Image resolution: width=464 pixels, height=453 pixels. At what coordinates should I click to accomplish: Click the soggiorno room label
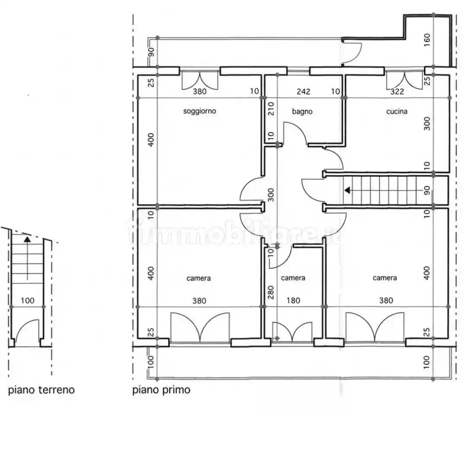199,111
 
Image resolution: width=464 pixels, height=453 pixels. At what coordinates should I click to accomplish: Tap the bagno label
302,111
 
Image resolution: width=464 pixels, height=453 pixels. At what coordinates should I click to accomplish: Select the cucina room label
397,111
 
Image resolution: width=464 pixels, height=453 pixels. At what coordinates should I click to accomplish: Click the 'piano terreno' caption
41,390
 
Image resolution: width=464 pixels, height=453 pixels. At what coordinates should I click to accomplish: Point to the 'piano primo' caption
161,390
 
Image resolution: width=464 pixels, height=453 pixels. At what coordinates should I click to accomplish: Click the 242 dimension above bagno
303,91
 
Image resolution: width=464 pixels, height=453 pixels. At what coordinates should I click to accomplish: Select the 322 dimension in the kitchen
397,91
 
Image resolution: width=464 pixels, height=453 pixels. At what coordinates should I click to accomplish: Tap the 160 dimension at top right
427,40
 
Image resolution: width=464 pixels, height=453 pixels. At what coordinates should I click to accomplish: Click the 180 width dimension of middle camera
293,301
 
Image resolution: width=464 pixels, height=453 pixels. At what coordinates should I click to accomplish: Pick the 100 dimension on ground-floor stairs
28,301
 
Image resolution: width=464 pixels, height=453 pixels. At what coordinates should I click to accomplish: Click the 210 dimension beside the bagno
271,109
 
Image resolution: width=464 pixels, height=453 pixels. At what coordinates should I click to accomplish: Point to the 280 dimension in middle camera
271,293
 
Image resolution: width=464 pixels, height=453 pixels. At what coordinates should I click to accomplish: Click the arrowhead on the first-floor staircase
347,190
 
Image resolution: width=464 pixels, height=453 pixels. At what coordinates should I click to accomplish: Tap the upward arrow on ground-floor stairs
27,258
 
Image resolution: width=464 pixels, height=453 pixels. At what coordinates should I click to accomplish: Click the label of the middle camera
293,278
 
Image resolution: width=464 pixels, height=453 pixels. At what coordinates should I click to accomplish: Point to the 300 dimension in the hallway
271,195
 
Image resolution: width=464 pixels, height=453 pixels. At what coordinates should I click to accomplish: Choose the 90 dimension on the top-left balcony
151,52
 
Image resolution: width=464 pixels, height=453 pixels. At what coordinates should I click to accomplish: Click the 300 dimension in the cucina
427,123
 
